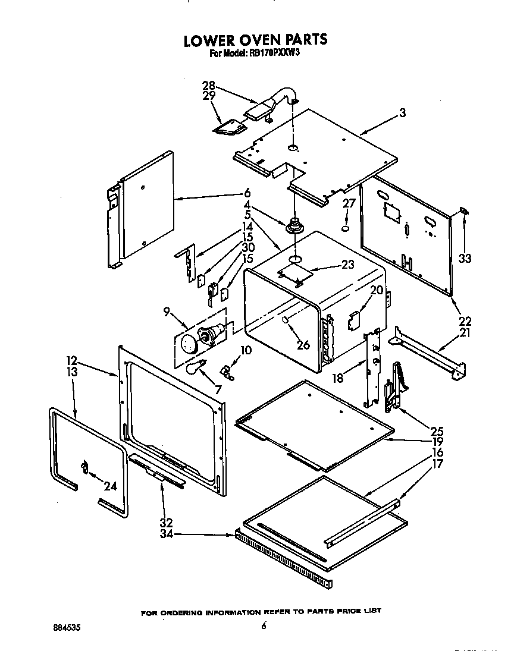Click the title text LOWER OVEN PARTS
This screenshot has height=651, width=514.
255,40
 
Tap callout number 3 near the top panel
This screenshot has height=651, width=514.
403,113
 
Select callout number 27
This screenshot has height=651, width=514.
349,203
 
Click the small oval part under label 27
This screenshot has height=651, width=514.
346,228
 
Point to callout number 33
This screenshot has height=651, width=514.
465,258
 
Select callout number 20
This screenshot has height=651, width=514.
376,290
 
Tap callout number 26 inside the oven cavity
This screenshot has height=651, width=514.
303,344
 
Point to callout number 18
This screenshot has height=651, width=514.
338,378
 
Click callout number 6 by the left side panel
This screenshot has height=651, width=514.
246,193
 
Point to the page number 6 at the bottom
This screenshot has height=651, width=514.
262,625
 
